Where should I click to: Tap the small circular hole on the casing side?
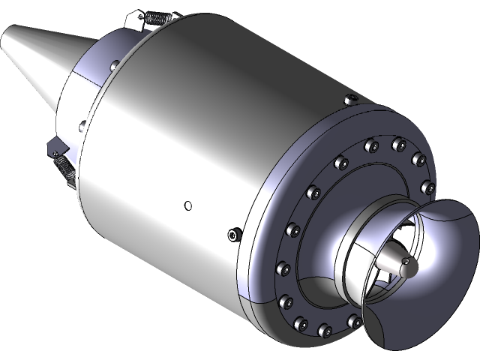click(x=187, y=205)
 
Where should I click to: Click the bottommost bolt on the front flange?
click(x=326, y=329)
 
